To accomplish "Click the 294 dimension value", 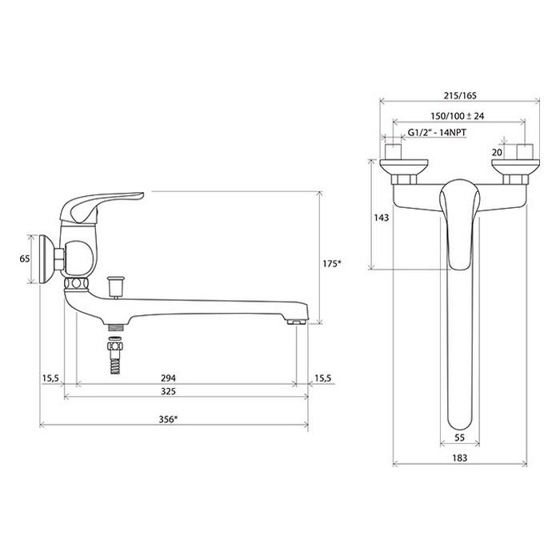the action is [x=168, y=378].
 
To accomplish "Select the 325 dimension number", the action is [x=168, y=391].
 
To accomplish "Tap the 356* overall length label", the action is [x=168, y=419].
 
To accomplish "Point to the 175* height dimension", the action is [x=332, y=263].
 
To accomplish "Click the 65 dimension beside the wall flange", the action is [x=25, y=258].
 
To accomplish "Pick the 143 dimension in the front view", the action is [x=382, y=218].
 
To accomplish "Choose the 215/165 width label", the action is [x=460, y=96].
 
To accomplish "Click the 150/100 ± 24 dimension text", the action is [x=457, y=116].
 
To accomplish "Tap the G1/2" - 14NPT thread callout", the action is [x=437, y=133].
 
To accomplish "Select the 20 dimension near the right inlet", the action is [x=497, y=153].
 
